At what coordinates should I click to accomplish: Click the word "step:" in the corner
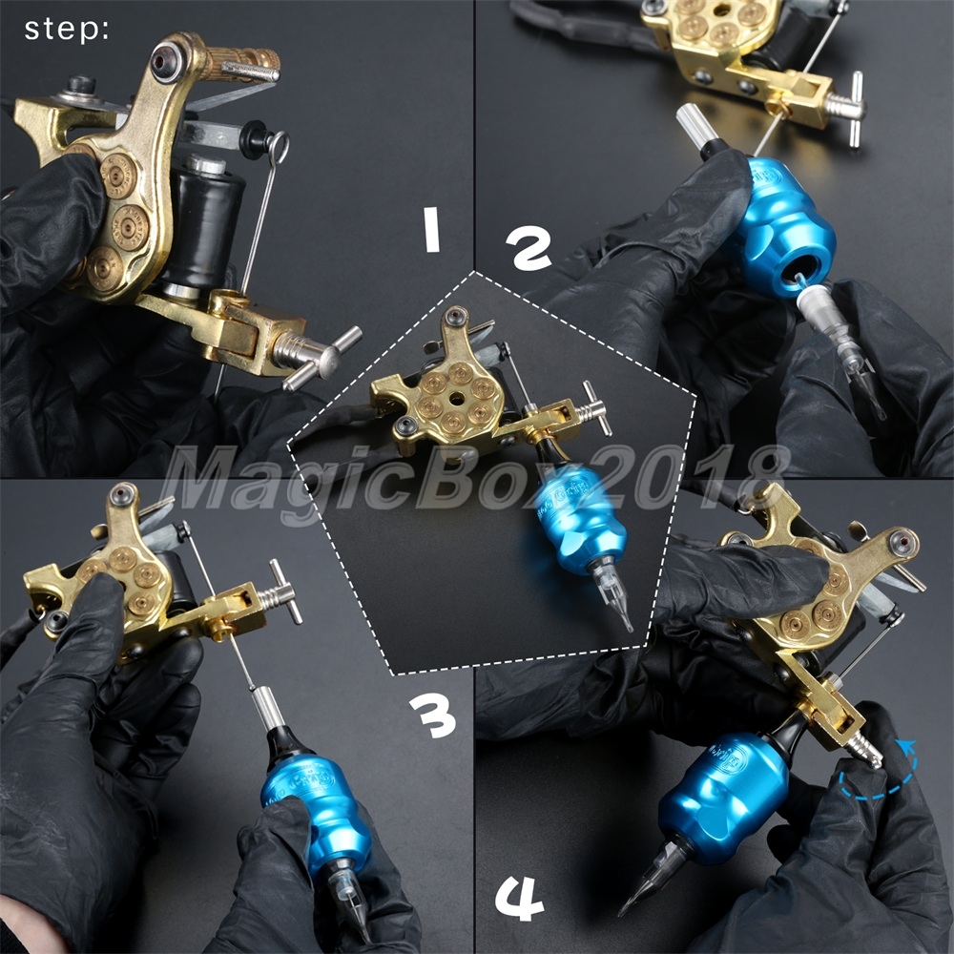67,30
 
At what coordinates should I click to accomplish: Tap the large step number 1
431,229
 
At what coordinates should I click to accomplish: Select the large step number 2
529,248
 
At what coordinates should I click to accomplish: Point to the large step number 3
432,716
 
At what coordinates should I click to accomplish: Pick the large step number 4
518,899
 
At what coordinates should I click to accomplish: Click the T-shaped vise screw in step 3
281,591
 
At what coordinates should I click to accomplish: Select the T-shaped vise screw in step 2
850,110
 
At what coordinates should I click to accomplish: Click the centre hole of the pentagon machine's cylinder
456,399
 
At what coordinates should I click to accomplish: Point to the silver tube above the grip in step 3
268,708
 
